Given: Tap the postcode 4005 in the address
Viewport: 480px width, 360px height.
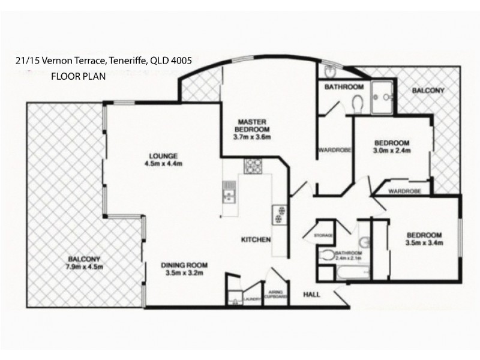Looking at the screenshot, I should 180,61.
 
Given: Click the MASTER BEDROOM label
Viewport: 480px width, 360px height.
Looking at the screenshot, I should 253,124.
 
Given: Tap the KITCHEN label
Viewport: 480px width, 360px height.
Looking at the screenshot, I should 256,239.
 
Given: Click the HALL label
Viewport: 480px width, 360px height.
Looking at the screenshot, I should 311,295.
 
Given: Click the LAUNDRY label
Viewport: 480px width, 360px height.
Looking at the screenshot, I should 252,296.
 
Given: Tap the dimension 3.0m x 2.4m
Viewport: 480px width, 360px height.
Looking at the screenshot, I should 392,151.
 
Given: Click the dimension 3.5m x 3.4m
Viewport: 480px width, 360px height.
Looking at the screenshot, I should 424,243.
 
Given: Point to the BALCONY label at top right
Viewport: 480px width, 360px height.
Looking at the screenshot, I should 428,91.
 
